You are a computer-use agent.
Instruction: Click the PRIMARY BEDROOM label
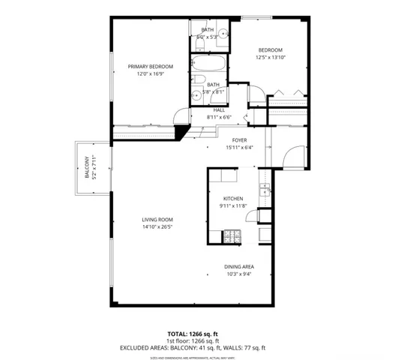[x=150, y=67]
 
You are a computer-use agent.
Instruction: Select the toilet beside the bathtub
[x=199, y=81]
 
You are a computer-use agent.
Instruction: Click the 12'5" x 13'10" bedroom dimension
[x=270, y=58]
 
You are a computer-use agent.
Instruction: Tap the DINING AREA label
[x=238, y=266]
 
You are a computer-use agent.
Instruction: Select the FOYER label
[x=239, y=139]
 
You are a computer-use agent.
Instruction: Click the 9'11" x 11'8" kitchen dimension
[x=232, y=205]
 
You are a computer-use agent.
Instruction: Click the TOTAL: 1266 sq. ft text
[x=193, y=333]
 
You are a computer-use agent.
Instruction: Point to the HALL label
[x=220, y=109]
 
